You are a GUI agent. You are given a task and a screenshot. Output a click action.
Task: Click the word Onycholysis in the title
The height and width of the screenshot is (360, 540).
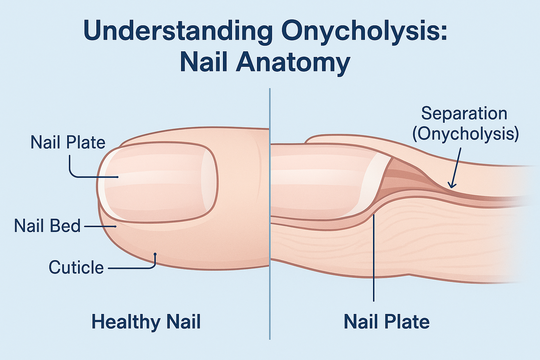364,32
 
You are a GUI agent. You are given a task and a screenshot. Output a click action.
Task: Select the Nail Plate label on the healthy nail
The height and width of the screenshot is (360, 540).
68,142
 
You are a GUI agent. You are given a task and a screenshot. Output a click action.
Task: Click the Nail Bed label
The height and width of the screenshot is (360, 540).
47,226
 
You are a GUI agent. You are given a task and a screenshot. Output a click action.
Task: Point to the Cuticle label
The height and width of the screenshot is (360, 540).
76,268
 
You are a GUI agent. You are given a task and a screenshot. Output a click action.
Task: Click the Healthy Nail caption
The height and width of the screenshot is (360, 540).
146,322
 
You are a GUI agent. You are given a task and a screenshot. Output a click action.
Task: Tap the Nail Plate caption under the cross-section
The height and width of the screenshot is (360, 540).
386,322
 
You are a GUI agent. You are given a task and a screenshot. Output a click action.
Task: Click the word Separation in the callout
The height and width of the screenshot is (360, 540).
464,114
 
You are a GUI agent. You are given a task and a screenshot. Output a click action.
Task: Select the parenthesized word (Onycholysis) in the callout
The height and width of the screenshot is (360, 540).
465,134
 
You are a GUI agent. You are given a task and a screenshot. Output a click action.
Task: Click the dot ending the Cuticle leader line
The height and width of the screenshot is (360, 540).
155,254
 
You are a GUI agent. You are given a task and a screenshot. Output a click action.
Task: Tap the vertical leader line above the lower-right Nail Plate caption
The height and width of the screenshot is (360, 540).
374,260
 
